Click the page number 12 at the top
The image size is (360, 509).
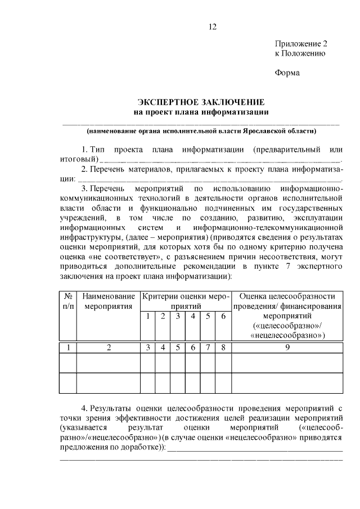pos(211,26)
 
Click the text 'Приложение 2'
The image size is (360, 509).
pos(300,43)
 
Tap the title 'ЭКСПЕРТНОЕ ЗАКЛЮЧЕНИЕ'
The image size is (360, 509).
pos(201,102)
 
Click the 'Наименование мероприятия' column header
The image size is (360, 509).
pos(109,301)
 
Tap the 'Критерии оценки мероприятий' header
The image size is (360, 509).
pos(186,301)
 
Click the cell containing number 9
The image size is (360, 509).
pos(287,347)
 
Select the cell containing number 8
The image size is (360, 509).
pos(223,347)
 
